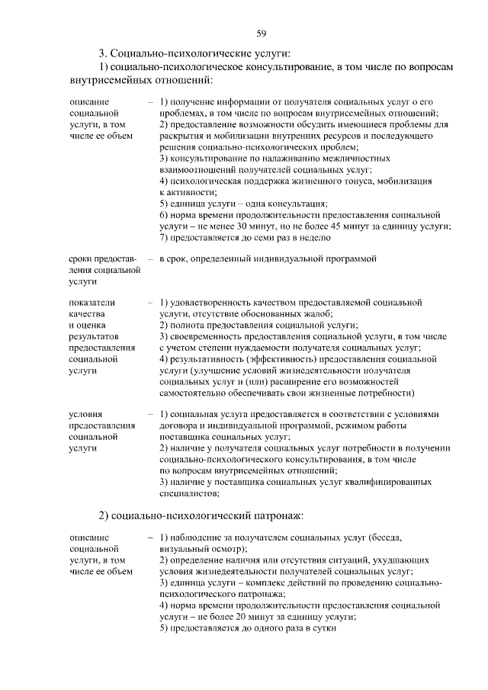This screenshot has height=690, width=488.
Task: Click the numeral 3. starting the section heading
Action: coord(103,53)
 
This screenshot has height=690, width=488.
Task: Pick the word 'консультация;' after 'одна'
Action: coord(300,204)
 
